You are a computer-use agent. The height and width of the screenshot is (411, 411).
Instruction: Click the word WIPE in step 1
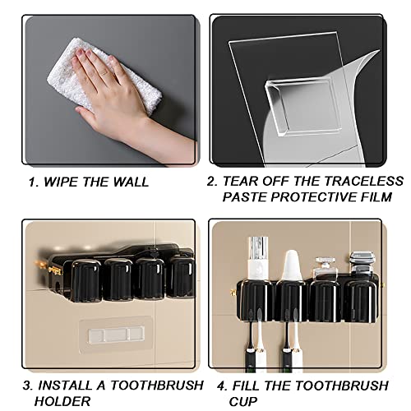(69, 180)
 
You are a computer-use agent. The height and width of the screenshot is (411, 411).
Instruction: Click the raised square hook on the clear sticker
(293, 107)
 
